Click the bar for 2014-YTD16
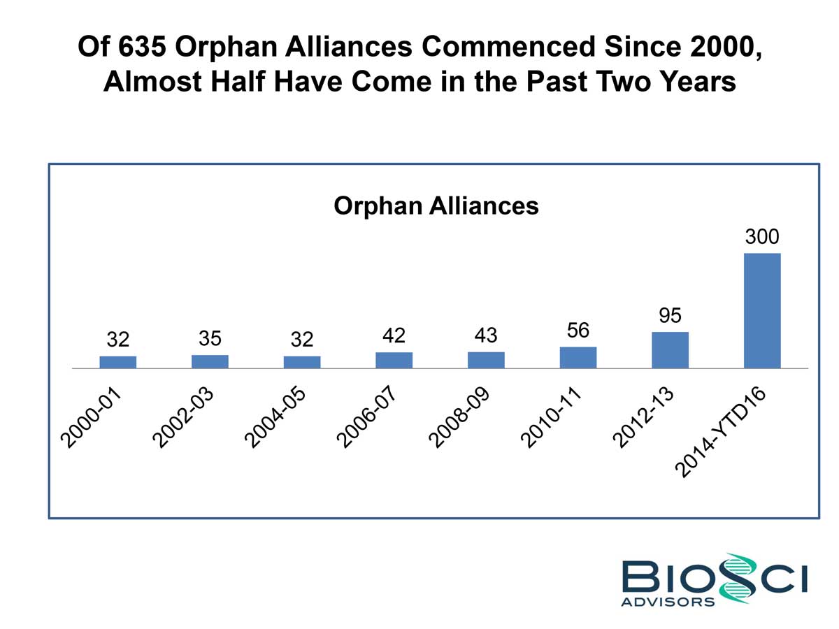[x=762, y=310]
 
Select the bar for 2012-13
[x=670, y=349]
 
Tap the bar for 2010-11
[x=578, y=357]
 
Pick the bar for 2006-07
[x=394, y=360]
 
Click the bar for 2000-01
[x=117, y=361]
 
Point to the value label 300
[x=761, y=237]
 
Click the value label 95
[x=670, y=316]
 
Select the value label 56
[x=578, y=331]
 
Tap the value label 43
[x=485, y=335]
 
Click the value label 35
[x=210, y=338]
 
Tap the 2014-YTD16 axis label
[x=723, y=433]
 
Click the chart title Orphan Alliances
[x=436, y=206]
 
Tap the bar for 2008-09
[x=486, y=360]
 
